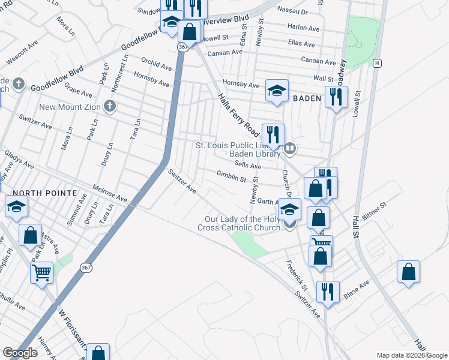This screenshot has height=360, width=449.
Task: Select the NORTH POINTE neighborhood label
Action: coord(44,193)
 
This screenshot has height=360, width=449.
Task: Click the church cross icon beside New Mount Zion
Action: coord(109,107)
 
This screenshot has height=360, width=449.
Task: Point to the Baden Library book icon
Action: coord(290,148)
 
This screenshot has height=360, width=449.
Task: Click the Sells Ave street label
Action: coord(248,165)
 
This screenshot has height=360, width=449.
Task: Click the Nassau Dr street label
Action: coord(293,11)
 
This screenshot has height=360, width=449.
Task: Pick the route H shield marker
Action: coord(377,62)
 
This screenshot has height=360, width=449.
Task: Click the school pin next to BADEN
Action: coord(277,91)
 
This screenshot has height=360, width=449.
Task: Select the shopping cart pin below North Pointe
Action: coord(42,272)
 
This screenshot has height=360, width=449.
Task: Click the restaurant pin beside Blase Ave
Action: coord(328,292)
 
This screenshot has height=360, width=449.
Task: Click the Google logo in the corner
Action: coord(20,352)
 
